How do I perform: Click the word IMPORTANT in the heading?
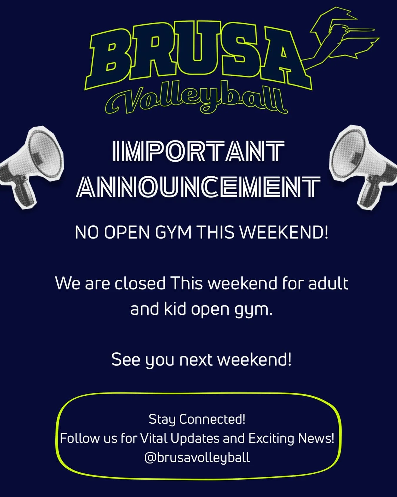199,151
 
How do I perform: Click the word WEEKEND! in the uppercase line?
284,233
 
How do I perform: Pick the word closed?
140,284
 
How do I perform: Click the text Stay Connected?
197,419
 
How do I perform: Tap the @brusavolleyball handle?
197,458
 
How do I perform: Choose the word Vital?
154,438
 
